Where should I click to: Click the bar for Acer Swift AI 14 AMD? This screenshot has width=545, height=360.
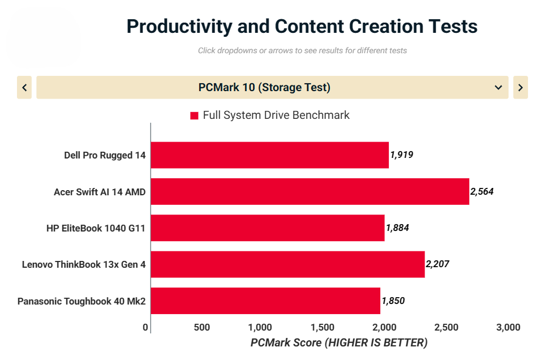coord(310,191)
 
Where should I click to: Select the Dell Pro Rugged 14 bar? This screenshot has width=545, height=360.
coord(269,155)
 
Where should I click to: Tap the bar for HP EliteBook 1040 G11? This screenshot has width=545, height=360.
coord(267,228)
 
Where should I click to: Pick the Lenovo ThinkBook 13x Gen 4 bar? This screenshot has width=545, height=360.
coord(287,264)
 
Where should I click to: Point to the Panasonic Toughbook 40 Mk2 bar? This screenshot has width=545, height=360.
coord(265,301)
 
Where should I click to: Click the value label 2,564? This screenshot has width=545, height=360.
coord(482,191)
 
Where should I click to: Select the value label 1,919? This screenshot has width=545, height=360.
coord(402,155)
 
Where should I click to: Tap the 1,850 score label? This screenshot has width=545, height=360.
coord(393,301)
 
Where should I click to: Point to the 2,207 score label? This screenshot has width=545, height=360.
coord(437,264)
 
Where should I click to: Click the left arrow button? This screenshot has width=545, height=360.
coord(24,88)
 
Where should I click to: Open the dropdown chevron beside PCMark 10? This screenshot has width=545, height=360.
coord(498,88)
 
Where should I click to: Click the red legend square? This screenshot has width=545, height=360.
coord(194,115)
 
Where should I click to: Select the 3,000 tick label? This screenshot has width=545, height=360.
coord(508,327)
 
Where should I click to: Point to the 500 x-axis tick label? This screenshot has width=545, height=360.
coord(201,327)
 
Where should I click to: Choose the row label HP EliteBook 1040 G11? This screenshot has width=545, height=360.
coord(96,228)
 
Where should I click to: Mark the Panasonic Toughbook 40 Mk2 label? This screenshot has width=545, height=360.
coord(81,301)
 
